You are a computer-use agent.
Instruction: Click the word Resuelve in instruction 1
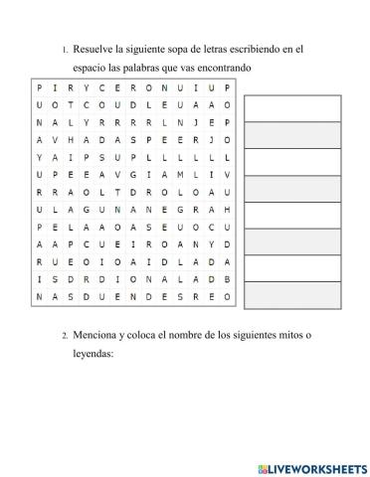(94, 48)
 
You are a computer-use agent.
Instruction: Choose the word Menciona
(97, 335)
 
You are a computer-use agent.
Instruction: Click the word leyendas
(93, 353)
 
